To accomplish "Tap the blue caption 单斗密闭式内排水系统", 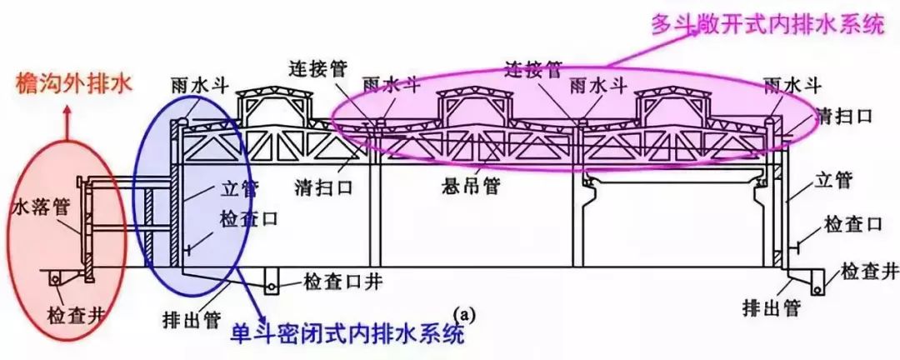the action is (x=347, y=333).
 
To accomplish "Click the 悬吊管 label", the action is (x=470, y=187).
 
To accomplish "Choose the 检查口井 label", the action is (x=343, y=282).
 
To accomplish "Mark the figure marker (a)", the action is (x=463, y=314).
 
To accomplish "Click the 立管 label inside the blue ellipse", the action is (x=239, y=189).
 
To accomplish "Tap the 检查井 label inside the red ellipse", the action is (x=77, y=314).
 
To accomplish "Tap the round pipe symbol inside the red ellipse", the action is (x=56, y=279).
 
